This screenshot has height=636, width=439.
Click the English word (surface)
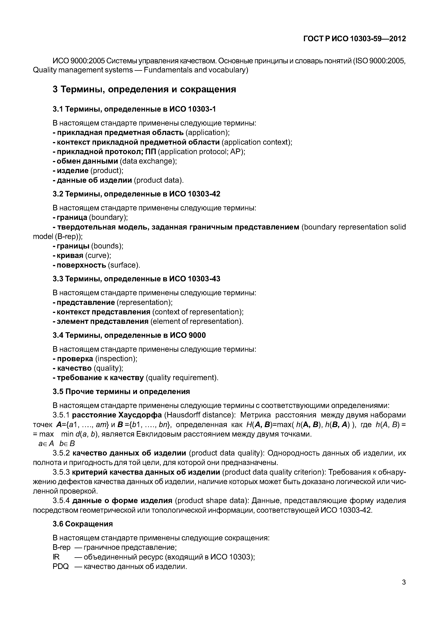coord(124,265)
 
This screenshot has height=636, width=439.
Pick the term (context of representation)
coord(198,312)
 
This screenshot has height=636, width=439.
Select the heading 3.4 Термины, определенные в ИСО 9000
coord(129,335)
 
